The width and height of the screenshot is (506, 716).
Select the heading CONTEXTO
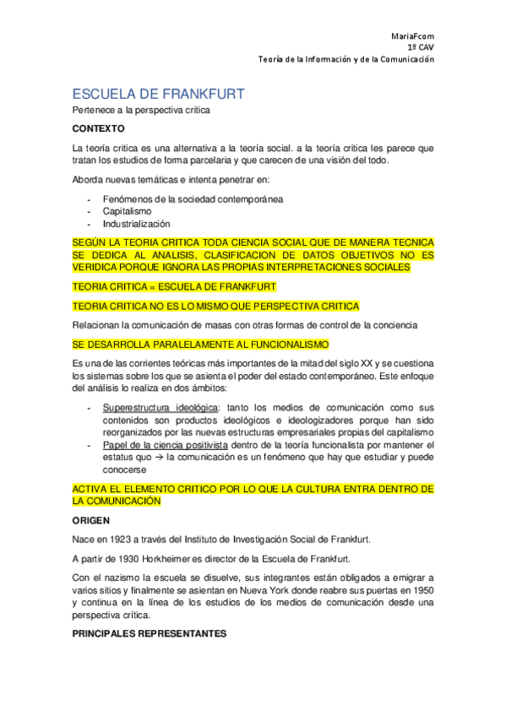(x=98, y=128)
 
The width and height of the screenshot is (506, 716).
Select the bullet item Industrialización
(x=137, y=224)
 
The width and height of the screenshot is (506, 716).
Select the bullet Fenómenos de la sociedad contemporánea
(x=193, y=198)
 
